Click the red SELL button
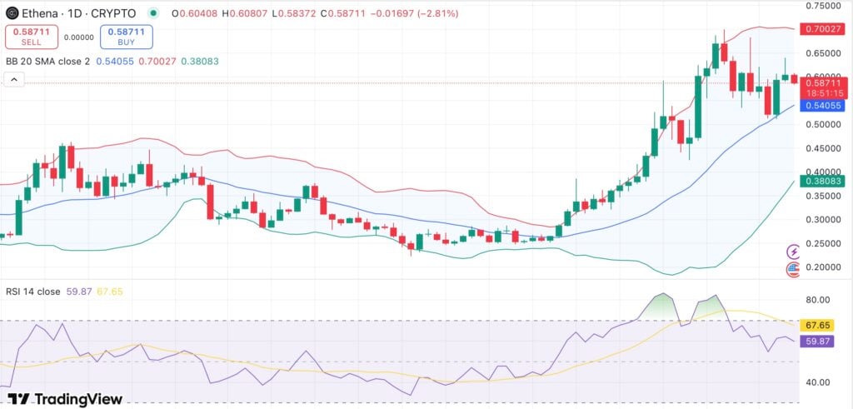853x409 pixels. tap(31, 37)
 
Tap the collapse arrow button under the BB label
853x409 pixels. tap(14, 80)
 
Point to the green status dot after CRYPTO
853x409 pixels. tap(153, 13)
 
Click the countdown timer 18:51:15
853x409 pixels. tap(823, 93)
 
